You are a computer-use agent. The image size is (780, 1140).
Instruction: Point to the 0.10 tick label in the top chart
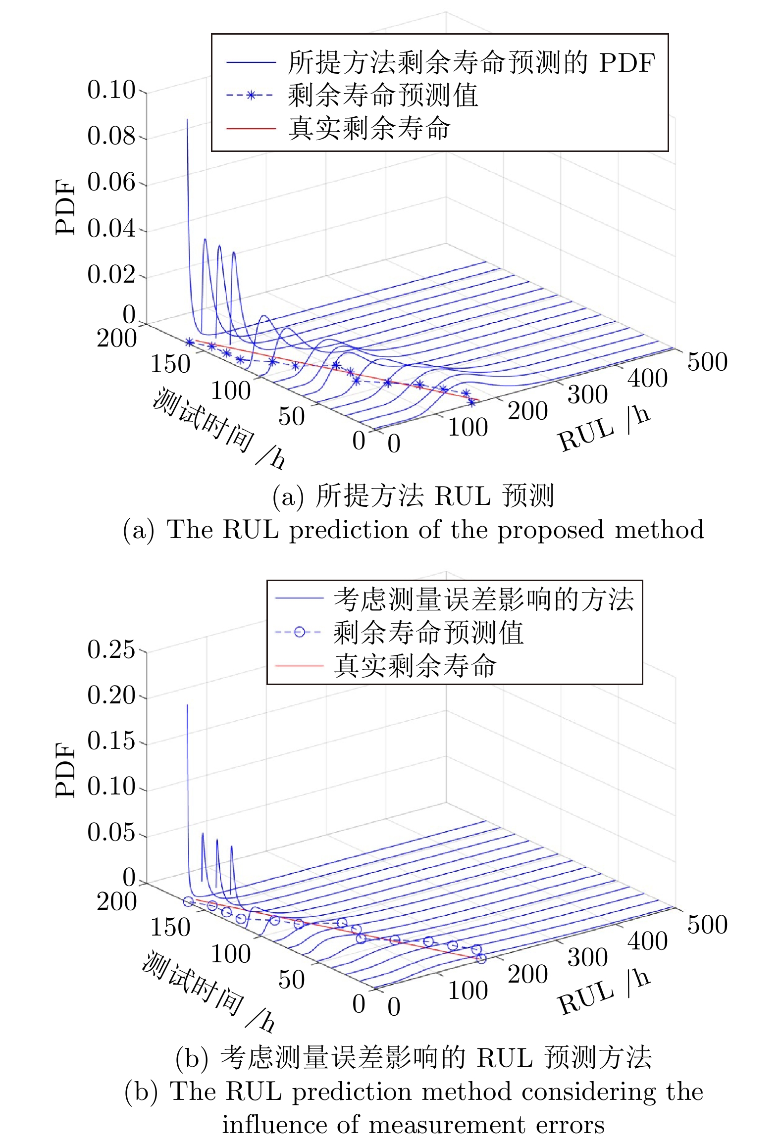111,90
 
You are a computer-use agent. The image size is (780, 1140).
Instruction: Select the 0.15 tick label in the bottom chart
111,741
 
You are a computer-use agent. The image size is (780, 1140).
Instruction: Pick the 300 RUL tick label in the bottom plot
587,957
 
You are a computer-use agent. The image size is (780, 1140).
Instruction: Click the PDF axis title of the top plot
65,206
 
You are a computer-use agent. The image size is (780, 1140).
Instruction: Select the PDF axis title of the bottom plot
65,770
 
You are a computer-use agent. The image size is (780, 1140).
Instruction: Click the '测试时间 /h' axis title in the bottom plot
208,990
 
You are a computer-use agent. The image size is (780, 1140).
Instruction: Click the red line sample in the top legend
251,128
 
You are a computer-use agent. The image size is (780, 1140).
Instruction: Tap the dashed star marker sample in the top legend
251,95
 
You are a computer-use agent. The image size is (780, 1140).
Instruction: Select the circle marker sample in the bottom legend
299,632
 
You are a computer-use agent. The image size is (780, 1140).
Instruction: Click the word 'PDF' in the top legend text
627,63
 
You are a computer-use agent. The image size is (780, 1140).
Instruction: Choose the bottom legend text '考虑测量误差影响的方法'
483,599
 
